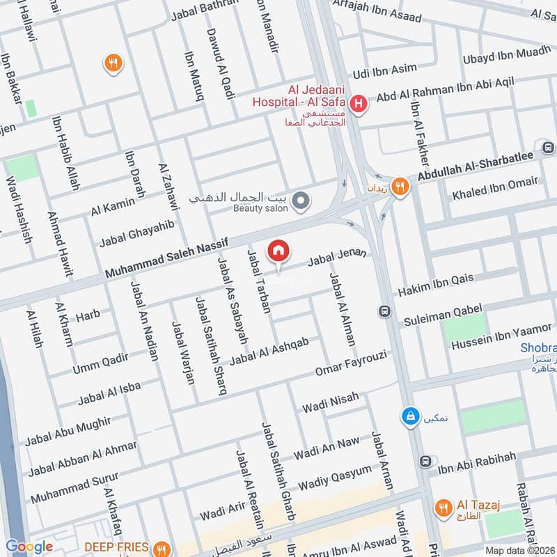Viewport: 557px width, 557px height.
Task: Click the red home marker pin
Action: (278, 251)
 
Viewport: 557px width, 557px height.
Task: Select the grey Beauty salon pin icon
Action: (301, 202)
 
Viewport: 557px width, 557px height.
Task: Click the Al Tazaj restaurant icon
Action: (442, 508)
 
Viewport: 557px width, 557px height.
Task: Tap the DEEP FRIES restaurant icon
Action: (162, 548)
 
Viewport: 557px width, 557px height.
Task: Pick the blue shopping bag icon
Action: (410, 416)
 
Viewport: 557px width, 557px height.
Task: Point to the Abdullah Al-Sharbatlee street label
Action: (478, 168)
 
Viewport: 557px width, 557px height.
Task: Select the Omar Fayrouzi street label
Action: (350, 362)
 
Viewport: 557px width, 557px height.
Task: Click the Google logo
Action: (29, 547)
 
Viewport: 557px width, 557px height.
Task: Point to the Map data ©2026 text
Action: (519, 550)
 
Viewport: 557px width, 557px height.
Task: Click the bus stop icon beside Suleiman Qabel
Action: (384, 311)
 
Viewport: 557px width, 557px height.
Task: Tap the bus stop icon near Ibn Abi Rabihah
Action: (425, 461)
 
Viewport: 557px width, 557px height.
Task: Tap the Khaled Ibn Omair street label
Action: (494, 188)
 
